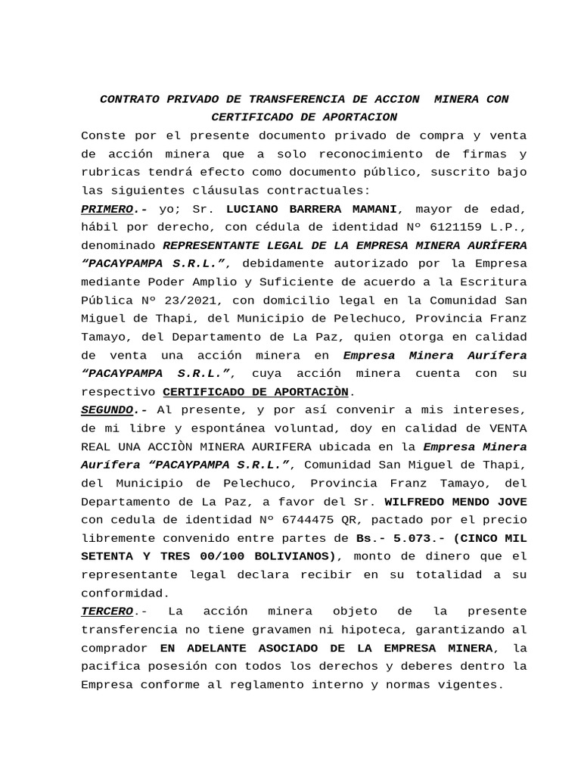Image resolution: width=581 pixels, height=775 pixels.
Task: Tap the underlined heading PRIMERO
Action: pos(106,208)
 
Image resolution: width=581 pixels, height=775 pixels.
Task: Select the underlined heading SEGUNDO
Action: pos(106,409)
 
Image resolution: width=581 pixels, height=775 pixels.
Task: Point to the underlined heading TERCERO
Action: pos(107,611)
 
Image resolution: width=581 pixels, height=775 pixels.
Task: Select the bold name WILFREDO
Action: pos(418,501)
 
